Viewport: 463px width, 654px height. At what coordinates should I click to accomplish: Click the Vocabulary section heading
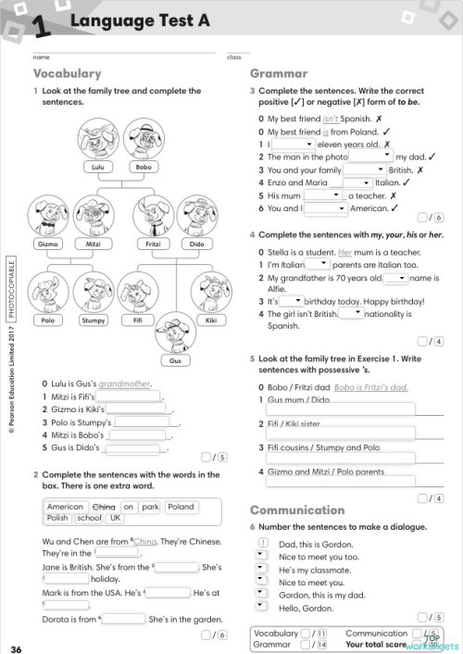coord(68,73)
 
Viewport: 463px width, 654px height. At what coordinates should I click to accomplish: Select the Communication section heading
coord(297,509)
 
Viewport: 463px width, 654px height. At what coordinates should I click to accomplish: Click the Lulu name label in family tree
coord(97,168)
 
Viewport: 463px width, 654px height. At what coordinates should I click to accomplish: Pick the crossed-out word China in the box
coord(105,507)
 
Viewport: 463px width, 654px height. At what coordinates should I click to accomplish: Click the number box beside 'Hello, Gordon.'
coord(263,609)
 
